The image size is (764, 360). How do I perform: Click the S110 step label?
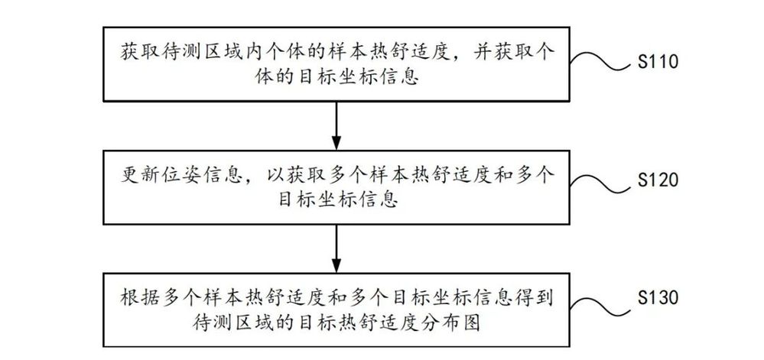(x=658, y=63)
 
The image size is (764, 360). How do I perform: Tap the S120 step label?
(x=658, y=180)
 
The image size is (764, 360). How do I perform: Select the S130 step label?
(x=658, y=297)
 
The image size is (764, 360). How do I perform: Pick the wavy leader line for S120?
(x=601, y=184)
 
